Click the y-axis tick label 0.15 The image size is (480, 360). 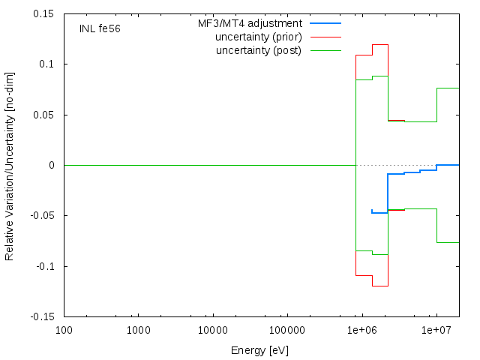click(43, 13)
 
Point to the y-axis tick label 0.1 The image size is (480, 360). click(46, 64)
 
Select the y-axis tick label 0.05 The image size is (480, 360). click(43, 115)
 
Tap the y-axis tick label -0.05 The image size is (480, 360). click(42, 215)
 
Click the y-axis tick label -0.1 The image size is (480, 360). click(45, 266)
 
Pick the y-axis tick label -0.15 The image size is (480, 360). click(42, 316)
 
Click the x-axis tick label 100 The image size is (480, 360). click(64, 330)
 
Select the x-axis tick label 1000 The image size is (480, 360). click(139, 330)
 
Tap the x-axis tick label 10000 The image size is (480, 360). click(213, 330)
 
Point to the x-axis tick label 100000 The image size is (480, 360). click(287, 330)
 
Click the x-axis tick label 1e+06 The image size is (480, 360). click(362, 330)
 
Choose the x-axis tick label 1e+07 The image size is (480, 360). click(436, 330)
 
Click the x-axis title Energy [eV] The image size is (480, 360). click(259, 350)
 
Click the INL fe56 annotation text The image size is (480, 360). click(100, 28)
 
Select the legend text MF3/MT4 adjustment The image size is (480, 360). click(250, 23)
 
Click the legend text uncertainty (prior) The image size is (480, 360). click(259, 37)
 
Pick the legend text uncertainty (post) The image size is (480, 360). click(259, 50)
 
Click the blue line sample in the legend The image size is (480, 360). click(325, 23)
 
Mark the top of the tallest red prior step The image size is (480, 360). click(380, 45)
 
